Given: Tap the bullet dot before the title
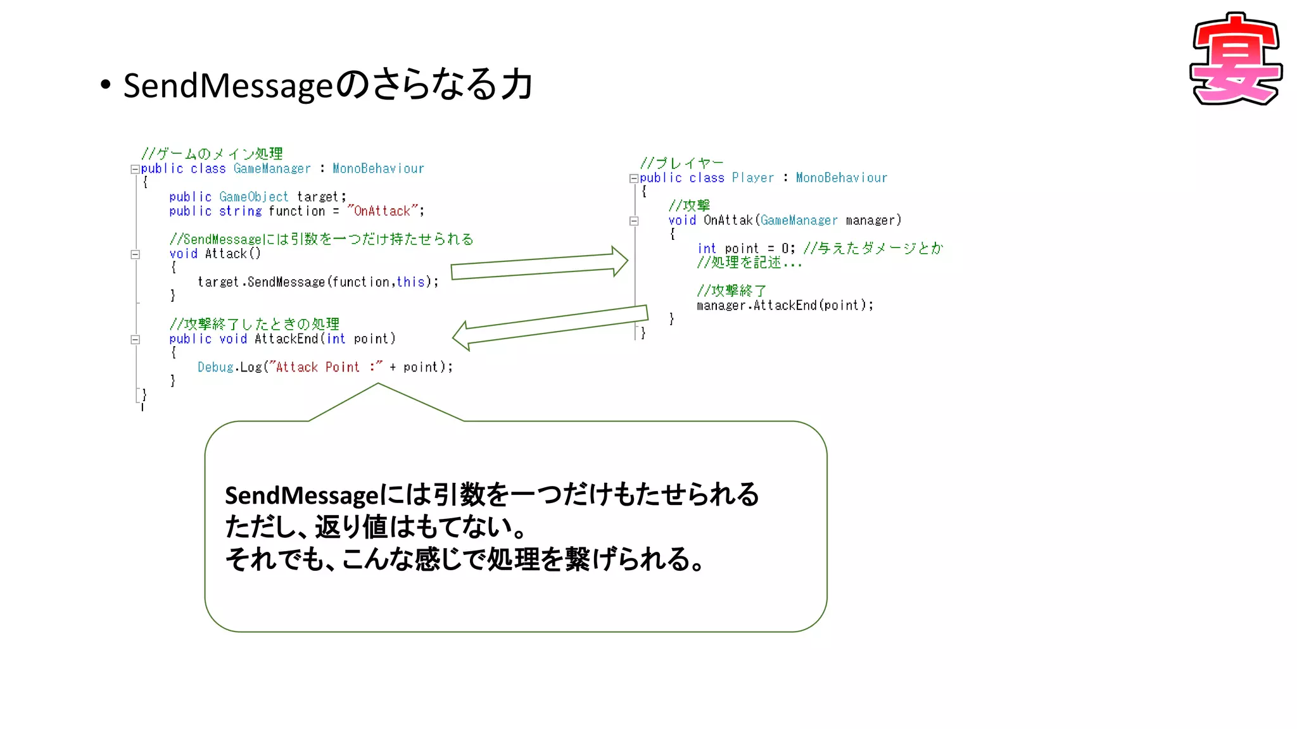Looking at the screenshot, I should point(105,84).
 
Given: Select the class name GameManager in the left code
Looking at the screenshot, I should point(272,169).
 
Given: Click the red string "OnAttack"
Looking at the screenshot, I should point(383,211).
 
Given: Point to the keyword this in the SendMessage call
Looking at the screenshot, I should point(410,282).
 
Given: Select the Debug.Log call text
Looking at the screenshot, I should point(324,367).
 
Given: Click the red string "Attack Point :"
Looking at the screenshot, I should point(326,367).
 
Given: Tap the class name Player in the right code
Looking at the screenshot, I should point(752,178).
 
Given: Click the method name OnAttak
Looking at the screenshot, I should point(728,220).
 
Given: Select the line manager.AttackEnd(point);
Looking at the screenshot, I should point(784,306).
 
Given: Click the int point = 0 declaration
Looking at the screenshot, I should point(745,249).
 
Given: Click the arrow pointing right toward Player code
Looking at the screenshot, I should point(538,264).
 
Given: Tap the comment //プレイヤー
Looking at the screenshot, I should point(681,163).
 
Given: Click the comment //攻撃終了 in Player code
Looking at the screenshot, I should point(731,290).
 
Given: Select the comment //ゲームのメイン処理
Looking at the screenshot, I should point(212,154).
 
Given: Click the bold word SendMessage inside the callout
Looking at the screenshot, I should point(301,495).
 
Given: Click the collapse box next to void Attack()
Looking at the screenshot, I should point(135,254).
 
